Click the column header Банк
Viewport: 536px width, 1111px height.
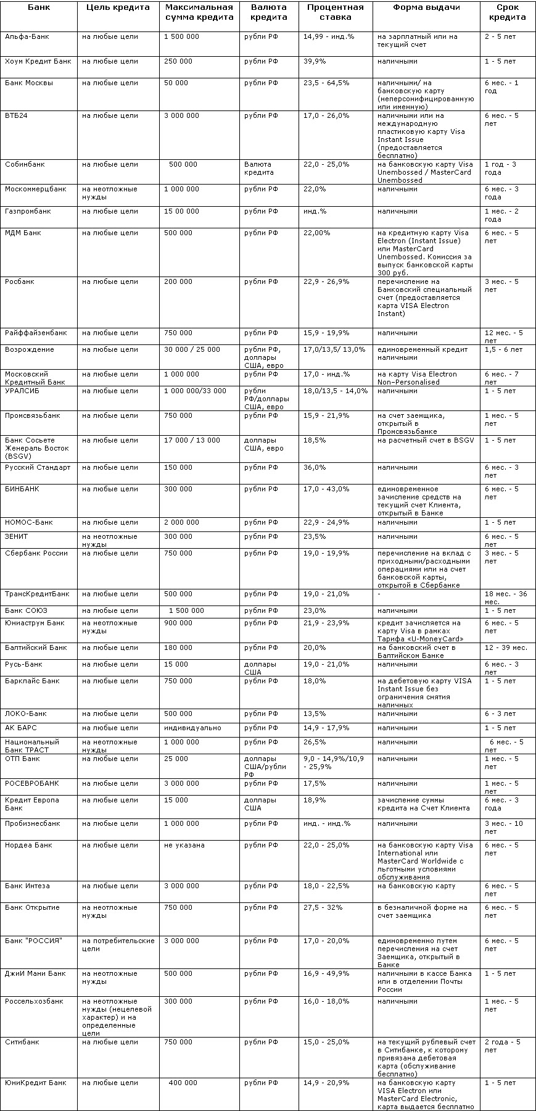click(39, 8)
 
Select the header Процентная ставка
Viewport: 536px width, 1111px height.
click(336, 12)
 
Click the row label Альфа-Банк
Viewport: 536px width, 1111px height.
click(27, 37)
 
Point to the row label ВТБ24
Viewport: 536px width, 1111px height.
click(16, 116)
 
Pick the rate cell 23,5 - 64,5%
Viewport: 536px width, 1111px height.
click(326, 83)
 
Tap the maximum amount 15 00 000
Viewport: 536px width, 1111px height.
click(181, 212)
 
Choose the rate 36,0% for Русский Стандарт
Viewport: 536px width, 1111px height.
click(315, 468)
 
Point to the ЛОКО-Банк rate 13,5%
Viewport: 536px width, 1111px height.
click(315, 714)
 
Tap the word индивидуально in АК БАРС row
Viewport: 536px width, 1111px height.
click(192, 728)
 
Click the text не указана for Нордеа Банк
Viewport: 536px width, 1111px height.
click(184, 846)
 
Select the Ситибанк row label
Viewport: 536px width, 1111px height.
click(22, 1042)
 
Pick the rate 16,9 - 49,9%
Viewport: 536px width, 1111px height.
click(326, 974)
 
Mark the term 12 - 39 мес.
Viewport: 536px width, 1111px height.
click(506, 648)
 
